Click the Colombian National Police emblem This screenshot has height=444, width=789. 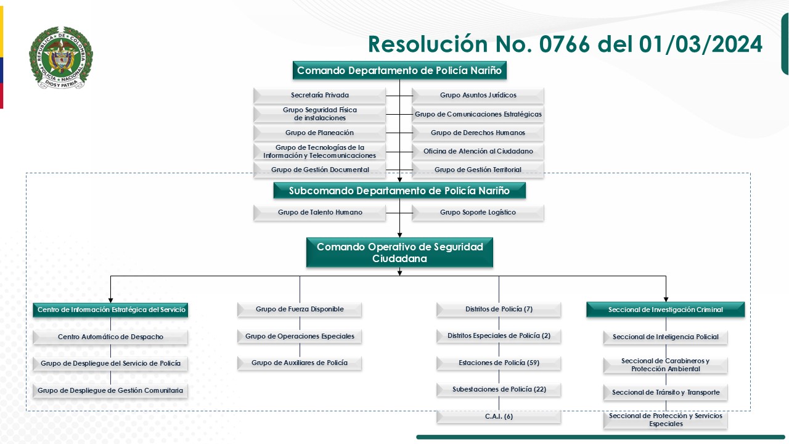(60, 57)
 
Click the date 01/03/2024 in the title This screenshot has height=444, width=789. (700, 44)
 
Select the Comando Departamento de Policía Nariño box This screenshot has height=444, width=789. (399, 70)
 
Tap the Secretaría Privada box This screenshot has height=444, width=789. (319, 96)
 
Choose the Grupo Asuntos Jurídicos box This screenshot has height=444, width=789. (478, 96)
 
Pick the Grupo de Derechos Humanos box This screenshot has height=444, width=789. (478, 133)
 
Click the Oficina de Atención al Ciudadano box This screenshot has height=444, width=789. (478, 151)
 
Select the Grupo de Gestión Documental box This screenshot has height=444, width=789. (319, 170)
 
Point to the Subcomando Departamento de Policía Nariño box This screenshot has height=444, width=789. (399, 191)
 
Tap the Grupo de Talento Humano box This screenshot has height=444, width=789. (319, 213)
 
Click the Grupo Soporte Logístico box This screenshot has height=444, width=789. (478, 213)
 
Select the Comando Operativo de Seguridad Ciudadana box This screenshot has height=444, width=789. (399, 253)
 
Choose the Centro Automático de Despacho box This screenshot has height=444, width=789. (110, 337)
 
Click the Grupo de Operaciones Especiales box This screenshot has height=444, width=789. (300, 337)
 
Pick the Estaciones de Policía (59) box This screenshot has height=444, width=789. (499, 363)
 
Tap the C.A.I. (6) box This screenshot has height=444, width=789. (499, 417)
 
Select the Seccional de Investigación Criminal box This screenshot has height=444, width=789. (665, 310)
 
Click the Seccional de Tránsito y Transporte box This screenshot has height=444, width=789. (665, 393)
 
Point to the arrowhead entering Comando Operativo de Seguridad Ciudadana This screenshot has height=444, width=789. (399, 235)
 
